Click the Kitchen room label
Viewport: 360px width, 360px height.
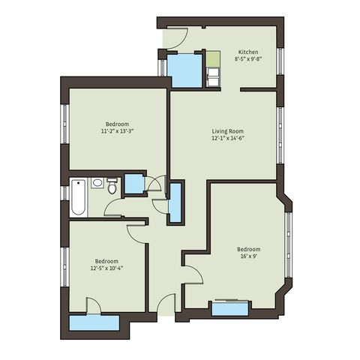pos(248,52)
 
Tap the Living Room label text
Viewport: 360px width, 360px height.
pos(228,131)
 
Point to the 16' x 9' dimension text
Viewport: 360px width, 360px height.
pos(249,256)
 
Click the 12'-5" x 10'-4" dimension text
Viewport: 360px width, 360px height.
pos(106,268)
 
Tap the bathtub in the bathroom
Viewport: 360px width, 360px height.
pos(79,197)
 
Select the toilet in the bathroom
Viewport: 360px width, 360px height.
pos(112,186)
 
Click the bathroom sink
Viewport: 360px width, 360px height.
pos(97,183)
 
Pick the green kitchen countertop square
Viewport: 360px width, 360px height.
pos(213,59)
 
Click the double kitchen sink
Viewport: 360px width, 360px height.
pos(213,76)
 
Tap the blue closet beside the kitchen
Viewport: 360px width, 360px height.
pos(184,70)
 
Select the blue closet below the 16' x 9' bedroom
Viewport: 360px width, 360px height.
pos(230,309)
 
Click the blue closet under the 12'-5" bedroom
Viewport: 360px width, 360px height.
pos(94,323)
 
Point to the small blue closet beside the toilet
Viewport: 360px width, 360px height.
pos(134,184)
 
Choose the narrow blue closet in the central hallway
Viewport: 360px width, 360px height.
pos(175,202)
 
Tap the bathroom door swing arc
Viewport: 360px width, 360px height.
pos(110,205)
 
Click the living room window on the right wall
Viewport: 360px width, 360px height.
pos(280,136)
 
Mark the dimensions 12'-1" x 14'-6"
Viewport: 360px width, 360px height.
pos(228,138)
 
